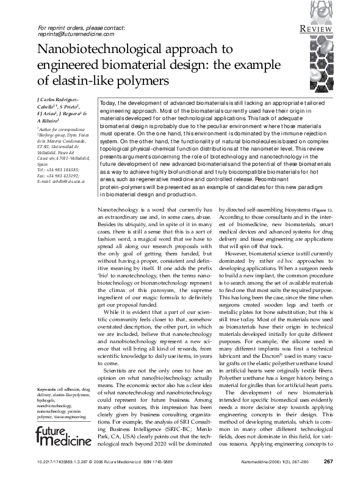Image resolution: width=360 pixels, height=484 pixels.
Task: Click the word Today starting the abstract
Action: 108,104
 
